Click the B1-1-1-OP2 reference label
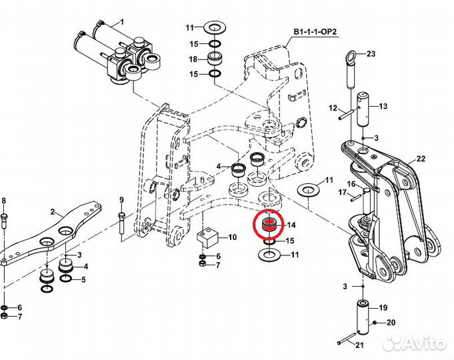point(315,32)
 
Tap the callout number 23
point(371,53)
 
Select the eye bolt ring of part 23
point(350,55)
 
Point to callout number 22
point(421,159)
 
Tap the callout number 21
point(359,345)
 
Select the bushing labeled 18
point(215,59)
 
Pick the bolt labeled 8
point(5,221)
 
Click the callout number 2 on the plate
point(53,212)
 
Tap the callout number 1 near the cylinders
point(122,22)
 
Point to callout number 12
point(333,108)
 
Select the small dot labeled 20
point(375,322)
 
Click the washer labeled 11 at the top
point(214,28)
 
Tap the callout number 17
point(343,192)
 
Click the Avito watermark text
point(415,344)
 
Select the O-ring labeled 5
point(66,279)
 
